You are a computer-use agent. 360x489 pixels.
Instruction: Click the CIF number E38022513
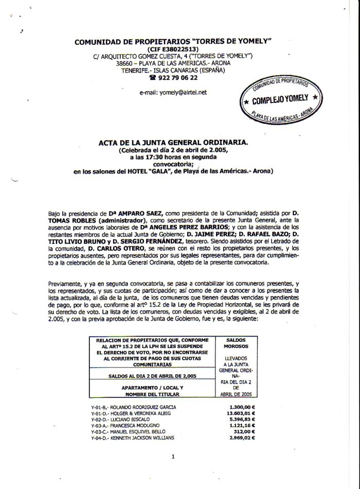coord(184,49)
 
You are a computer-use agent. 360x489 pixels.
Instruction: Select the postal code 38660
coord(125,63)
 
